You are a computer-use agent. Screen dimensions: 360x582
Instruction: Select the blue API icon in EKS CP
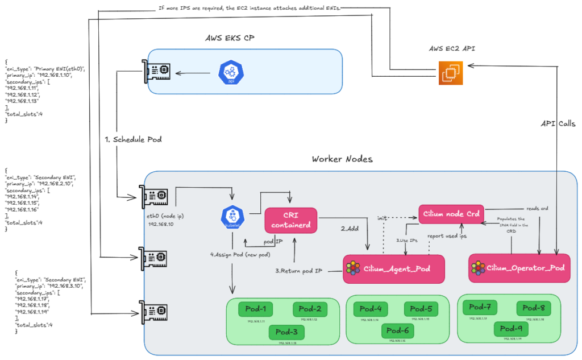click(231, 73)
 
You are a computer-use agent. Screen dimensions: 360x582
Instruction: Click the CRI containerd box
click(290, 220)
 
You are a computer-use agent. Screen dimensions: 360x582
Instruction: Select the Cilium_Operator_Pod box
click(519, 267)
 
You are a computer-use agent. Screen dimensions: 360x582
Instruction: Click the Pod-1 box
click(255, 309)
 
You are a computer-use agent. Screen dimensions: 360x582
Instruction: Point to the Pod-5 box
click(421, 309)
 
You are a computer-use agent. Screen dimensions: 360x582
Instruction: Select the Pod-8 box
click(533, 308)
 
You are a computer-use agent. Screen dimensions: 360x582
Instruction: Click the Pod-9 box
click(510, 328)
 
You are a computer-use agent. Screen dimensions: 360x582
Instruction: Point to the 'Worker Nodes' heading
click(342, 159)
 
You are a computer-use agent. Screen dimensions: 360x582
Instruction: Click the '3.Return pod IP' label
click(299, 271)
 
